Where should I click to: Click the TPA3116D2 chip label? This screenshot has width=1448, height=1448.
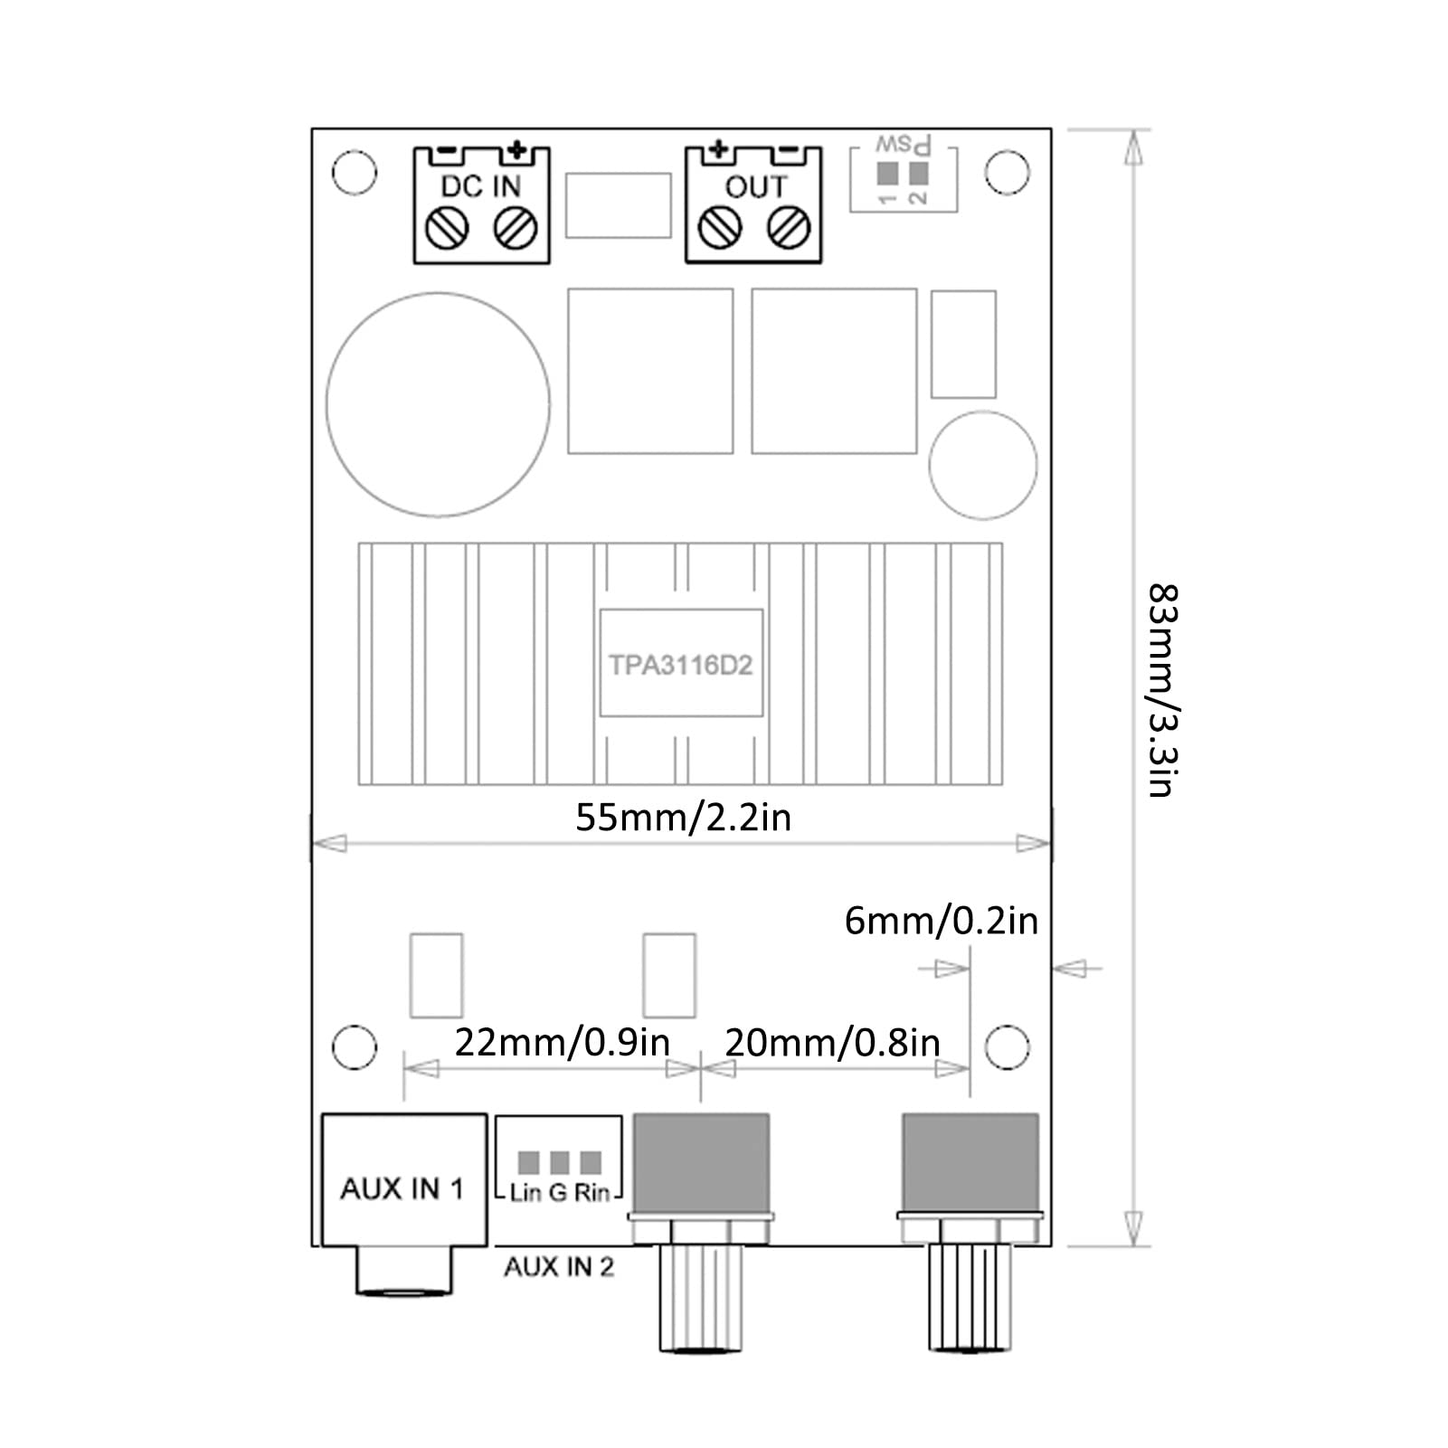[680, 666]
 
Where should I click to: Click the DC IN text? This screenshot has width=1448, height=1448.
[480, 186]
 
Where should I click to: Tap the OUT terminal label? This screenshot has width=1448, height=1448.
[755, 186]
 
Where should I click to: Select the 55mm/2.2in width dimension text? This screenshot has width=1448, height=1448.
[683, 818]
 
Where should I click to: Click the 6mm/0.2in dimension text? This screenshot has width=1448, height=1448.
[941, 921]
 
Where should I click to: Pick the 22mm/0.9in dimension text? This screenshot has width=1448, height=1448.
[561, 1043]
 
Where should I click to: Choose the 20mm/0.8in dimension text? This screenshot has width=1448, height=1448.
[832, 1043]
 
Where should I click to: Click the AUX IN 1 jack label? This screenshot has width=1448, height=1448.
[402, 1188]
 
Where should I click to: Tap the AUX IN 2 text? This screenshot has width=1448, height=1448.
[558, 1267]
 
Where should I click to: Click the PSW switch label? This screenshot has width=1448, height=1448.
[904, 146]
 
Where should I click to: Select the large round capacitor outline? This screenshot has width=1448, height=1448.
[438, 404]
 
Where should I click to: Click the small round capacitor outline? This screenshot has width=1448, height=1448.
[982, 465]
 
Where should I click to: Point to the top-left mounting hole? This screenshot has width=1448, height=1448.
[355, 172]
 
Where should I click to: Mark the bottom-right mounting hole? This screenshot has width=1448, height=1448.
[1006, 1047]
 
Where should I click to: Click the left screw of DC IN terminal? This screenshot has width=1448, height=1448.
[447, 227]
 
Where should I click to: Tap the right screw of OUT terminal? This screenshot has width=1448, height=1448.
[788, 227]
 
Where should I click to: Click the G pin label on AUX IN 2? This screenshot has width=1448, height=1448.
[558, 1193]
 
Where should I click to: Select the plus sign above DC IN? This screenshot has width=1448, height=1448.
[516, 149]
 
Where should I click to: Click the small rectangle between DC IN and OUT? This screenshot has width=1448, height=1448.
[618, 206]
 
